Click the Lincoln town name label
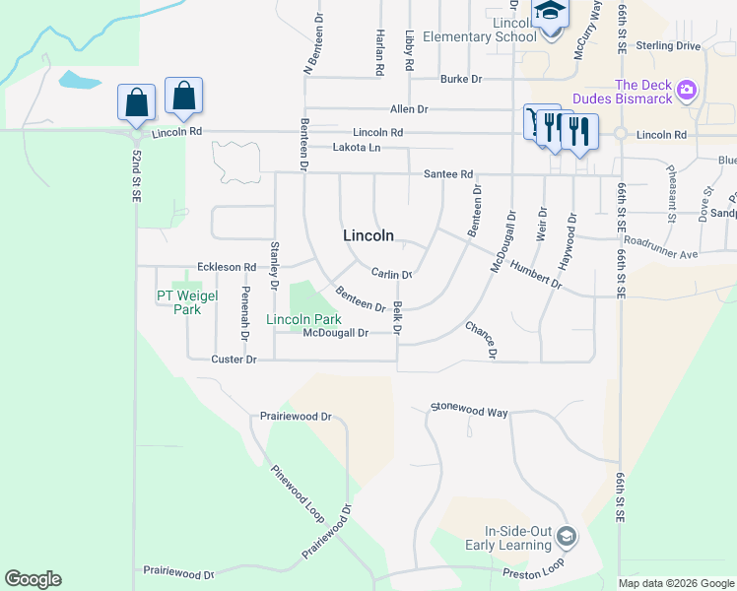(368, 235)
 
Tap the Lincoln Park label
(303, 319)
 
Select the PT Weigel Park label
(179, 302)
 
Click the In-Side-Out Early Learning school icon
(566, 537)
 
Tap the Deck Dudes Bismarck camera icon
(687, 92)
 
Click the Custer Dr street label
(234, 361)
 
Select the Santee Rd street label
(448, 173)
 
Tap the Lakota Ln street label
(356, 148)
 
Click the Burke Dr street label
(461, 79)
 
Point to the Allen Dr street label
(409, 109)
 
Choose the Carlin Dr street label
(391, 274)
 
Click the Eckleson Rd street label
(227, 267)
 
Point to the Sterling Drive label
(669, 46)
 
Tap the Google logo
(33, 579)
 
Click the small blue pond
(75, 79)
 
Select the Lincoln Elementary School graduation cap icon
(547, 13)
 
